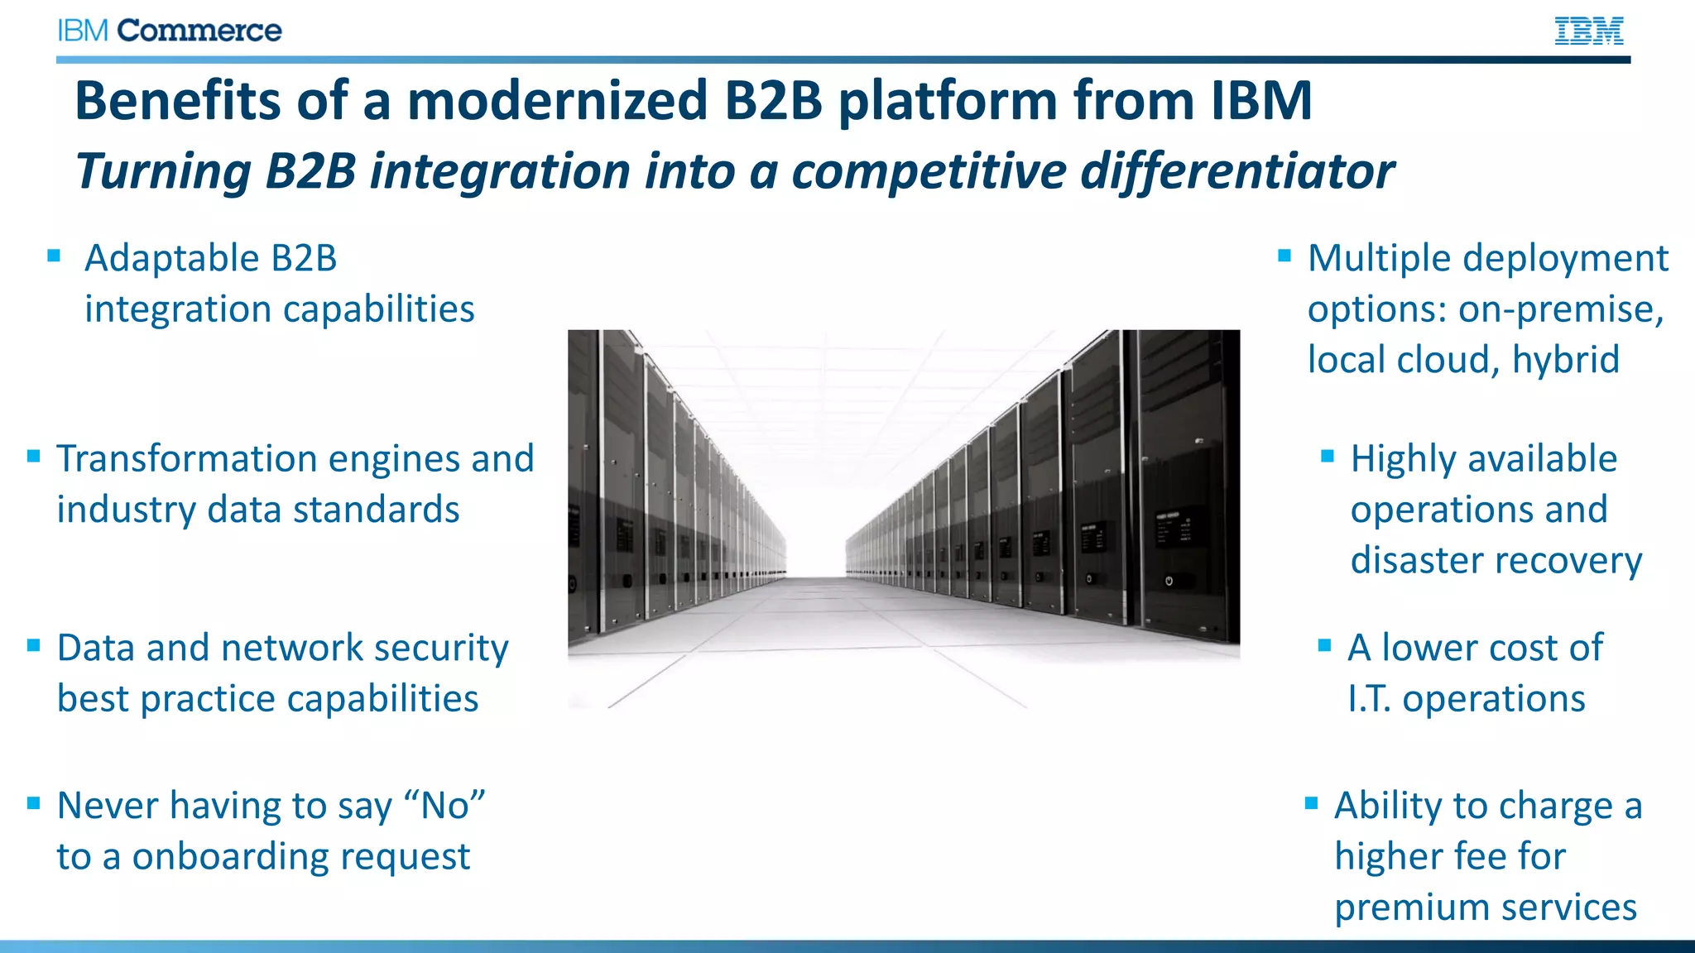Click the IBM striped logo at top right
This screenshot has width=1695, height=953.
click(x=1588, y=31)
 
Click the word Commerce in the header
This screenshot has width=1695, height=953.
click(x=199, y=31)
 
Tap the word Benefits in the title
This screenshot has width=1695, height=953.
click(x=178, y=100)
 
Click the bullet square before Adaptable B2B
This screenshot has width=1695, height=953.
click(x=55, y=256)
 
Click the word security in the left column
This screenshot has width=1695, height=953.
click(x=440, y=648)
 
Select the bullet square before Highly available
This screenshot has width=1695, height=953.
click(x=1328, y=456)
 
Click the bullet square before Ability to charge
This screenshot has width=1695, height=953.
click(x=1311, y=802)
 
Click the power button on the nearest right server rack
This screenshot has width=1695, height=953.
click(x=1169, y=581)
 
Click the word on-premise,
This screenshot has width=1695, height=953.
click(x=1561, y=309)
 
